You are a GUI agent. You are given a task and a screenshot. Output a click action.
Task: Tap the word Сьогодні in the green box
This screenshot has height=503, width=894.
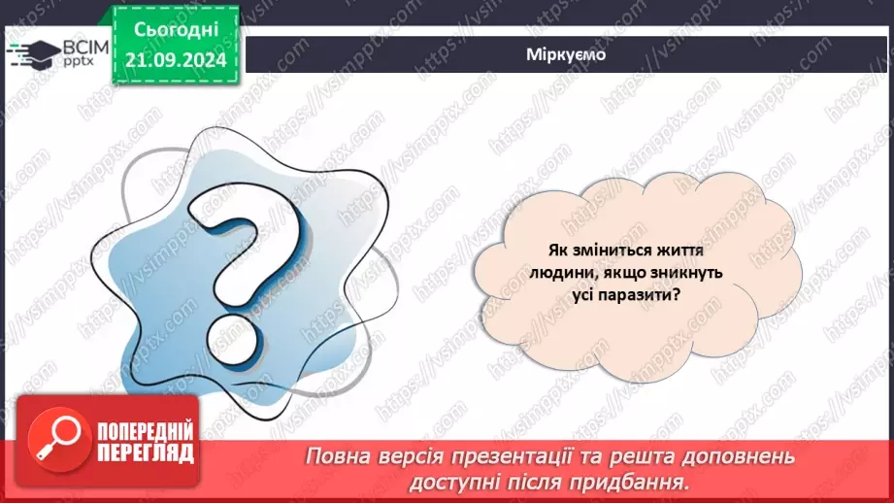tap(177, 30)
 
